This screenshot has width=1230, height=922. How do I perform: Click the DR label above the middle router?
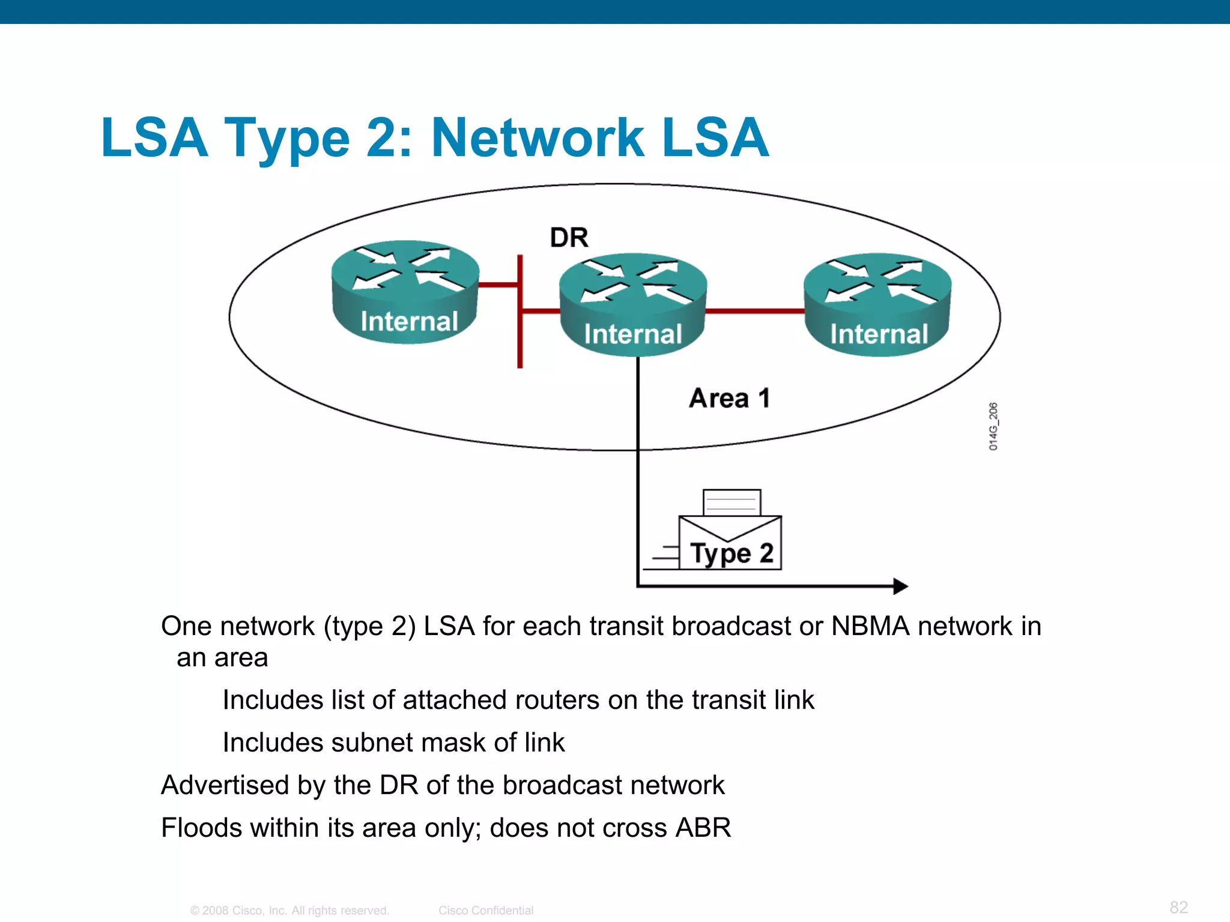569,238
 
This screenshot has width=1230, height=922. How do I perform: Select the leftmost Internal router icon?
406,292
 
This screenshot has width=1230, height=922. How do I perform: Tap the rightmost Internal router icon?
877,304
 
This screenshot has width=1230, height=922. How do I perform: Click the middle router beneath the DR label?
632,304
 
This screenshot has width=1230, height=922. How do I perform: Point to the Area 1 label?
729,398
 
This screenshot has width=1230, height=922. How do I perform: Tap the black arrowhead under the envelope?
900,586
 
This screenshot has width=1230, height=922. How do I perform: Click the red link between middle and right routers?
754,311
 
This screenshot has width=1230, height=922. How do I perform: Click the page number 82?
1178,907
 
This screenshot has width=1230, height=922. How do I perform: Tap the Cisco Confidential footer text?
486,911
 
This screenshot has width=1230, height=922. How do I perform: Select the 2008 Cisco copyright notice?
289,911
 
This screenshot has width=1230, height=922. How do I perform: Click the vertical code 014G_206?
993,426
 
